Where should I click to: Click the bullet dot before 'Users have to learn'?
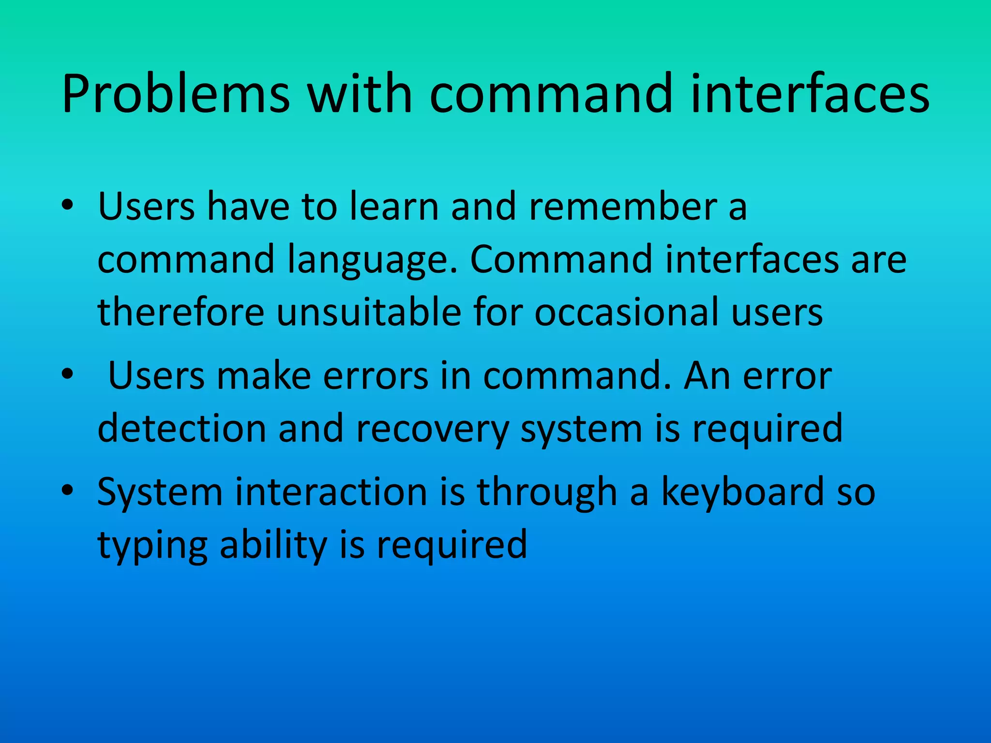[x=67, y=205]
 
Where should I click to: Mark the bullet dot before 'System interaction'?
[x=67, y=490]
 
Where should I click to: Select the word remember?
[x=623, y=206]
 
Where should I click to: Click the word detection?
[x=182, y=428]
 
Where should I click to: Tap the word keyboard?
[x=742, y=491]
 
